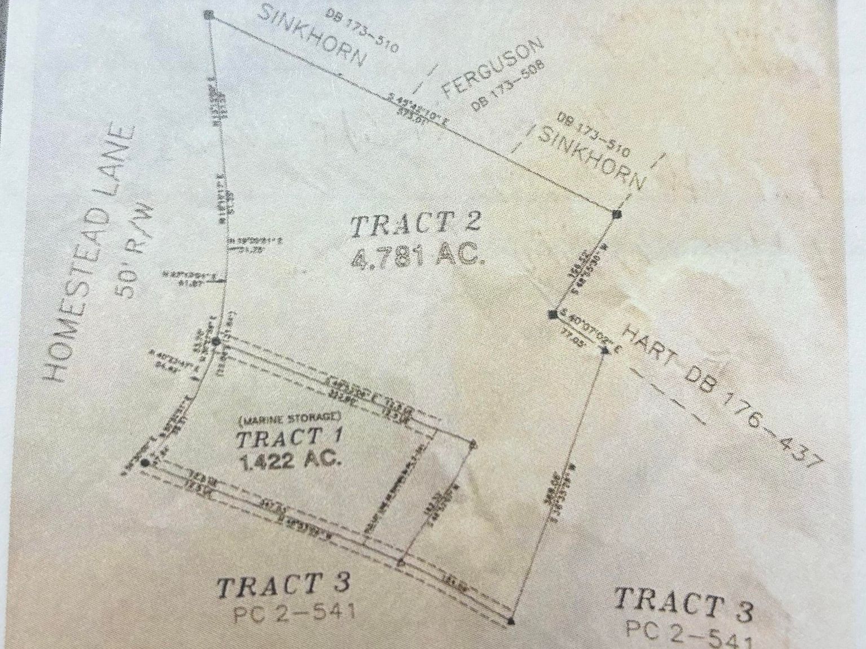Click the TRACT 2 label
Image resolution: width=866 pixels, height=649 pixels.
pyautogui.click(x=416, y=224)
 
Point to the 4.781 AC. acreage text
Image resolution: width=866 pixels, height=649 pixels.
pyautogui.click(x=418, y=258)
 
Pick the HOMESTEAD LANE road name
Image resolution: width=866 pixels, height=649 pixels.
pyautogui.click(x=90, y=254)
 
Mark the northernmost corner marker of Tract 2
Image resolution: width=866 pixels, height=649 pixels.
pyautogui.click(x=209, y=15)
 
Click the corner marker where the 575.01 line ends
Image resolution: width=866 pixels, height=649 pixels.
pyautogui.click(x=616, y=214)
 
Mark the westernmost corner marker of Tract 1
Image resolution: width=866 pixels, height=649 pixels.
pyautogui.click(x=145, y=463)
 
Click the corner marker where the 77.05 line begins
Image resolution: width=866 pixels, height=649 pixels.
pyautogui.click(x=554, y=314)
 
